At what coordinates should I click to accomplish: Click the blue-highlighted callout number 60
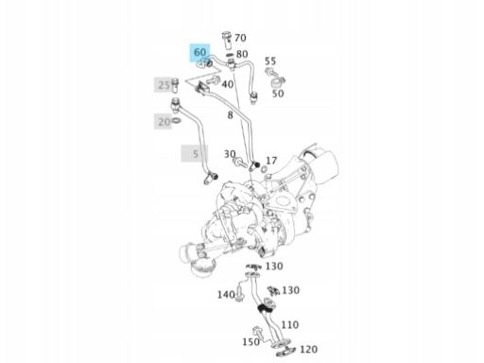click(x=200, y=52)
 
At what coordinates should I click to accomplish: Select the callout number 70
click(x=240, y=38)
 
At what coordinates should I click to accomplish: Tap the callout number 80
click(x=242, y=54)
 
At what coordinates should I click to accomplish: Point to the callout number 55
click(x=270, y=61)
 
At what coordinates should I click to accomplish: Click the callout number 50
click(x=278, y=94)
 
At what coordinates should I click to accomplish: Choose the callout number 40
click(x=228, y=84)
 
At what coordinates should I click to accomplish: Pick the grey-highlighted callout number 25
click(x=164, y=85)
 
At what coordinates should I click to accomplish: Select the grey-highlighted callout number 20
click(x=164, y=122)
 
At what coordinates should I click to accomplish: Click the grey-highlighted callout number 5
click(x=196, y=154)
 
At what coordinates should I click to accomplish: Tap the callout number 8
click(x=231, y=115)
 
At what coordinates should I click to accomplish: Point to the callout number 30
click(x=230, y=154)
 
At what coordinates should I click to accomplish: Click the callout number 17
click(x=271, y=161)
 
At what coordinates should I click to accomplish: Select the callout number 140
click(x=226, y=295)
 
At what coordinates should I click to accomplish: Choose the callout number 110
click(x=289, y=325)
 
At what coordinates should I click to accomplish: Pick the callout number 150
click(x=251, y=342)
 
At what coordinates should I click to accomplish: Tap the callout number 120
click(x=308, y=350)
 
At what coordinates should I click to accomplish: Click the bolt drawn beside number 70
click(x=227, y=41)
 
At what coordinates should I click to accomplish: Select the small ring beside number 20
click(x=177, y=121)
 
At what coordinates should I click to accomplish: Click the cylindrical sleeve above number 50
click(x=276, y=83)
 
